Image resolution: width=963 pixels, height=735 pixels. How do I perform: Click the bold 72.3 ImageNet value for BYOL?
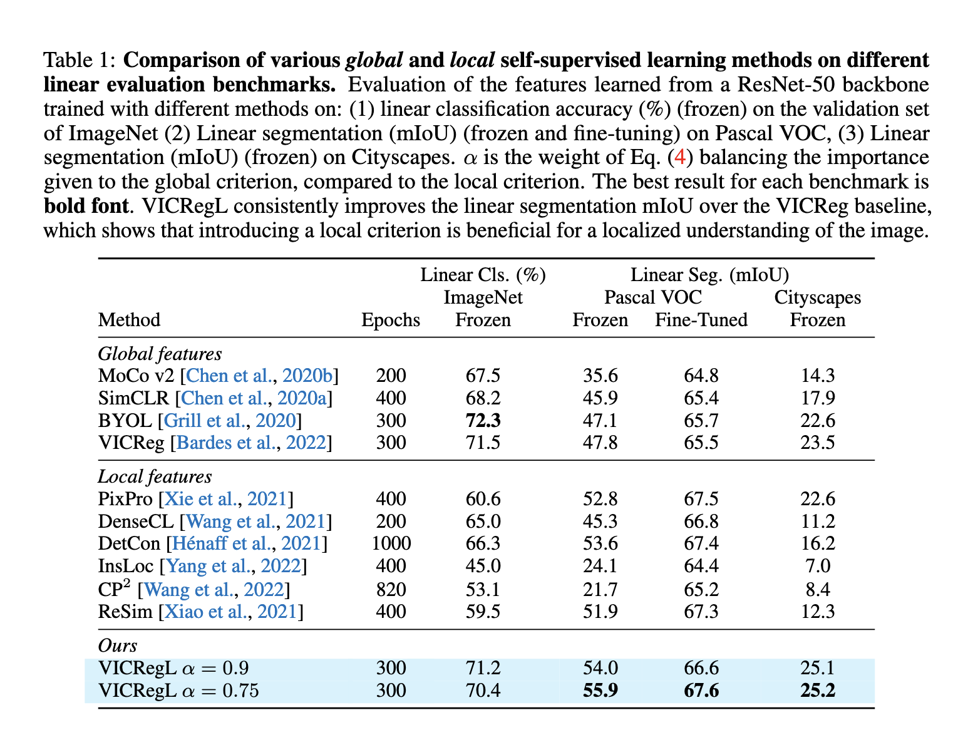483,420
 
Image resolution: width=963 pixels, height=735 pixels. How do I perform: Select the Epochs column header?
391,320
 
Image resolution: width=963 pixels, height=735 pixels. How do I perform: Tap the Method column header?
129,320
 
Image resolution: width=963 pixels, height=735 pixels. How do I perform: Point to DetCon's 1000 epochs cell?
391,543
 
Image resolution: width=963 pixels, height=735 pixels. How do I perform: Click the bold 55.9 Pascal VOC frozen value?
600,691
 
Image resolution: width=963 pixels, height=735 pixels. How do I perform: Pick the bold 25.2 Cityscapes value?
817,691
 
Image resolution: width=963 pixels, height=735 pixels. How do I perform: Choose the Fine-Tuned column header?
701,320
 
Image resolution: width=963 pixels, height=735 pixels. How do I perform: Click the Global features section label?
160,354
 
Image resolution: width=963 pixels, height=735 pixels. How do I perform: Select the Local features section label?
155,476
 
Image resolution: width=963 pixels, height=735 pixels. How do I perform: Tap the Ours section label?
117,645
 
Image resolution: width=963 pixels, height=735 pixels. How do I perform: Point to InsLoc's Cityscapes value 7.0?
817,566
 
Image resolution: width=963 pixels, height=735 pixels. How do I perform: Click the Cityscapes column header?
817,297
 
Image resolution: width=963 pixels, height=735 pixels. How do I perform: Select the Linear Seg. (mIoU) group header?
709,275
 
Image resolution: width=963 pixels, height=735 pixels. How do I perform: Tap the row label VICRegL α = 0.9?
177,668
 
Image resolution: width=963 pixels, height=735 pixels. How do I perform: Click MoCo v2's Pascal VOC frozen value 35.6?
600,376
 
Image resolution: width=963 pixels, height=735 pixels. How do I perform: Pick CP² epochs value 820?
391,589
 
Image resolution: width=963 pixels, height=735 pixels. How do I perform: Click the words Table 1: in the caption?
78,61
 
